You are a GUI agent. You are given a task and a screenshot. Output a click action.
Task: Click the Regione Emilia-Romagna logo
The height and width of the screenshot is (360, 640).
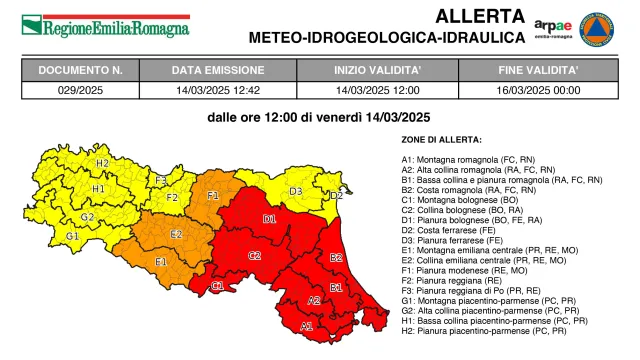pyautogui.click(x=105, y=25)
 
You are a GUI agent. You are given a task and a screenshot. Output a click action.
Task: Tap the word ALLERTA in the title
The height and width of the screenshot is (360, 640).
pyautogui.click(x=480, y=16)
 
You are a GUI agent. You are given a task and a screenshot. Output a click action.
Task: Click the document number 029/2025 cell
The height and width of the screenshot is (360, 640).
pyautogui.click(x=81, y=90)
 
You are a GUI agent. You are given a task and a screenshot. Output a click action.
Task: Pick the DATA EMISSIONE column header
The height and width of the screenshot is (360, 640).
pyautogui.click(x=217, y=71)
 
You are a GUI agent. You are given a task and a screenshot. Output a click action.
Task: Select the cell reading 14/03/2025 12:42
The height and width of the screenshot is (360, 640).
pyautogui.click(x=217, y=90)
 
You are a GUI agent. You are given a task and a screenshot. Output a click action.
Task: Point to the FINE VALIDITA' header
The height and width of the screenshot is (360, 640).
pyautogui.click(x=538, y=71)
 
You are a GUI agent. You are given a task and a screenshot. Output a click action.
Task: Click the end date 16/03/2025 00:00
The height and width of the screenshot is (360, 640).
pyautogui.click(x=538, y=90)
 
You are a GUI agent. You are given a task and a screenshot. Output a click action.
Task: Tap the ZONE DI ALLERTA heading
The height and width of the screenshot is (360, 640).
pyautogui.click(x=441, y=139)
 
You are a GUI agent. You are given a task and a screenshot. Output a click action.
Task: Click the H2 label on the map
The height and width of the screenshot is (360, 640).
pyautogui.click(x=102, y=163)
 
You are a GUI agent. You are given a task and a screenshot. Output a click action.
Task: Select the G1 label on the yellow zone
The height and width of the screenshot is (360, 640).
pyautogui.click(x=72, y=236)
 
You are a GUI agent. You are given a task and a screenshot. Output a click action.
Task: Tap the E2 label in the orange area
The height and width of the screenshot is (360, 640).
pyautogui.click(x=176, y=234)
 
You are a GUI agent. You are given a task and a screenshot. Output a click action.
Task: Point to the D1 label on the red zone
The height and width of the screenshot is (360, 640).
pyautogui.click(x=269, y=219)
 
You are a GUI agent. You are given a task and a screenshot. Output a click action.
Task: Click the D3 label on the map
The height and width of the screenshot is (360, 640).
pyautogui.click(x=296, y=191)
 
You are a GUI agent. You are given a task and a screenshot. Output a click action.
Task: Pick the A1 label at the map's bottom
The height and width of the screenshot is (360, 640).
pyautogui.click(x=306, y=325)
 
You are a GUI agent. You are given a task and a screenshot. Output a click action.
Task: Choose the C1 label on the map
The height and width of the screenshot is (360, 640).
pyautogui.click(x=217, y=287)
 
